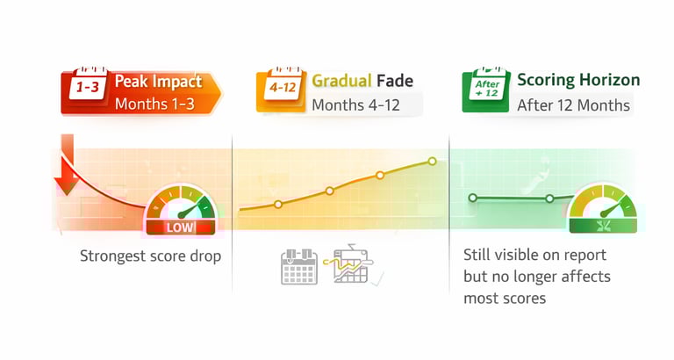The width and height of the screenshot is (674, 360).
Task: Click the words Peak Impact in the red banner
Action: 159,82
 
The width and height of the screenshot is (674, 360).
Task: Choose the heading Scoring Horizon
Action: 578,81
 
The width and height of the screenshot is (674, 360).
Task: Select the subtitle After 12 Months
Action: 573,105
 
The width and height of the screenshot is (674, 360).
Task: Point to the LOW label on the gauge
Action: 180,228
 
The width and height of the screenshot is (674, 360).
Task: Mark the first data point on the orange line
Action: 277,205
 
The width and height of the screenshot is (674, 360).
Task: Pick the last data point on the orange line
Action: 432,162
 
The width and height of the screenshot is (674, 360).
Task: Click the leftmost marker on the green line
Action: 472,198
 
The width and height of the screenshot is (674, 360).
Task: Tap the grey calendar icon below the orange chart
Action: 298,267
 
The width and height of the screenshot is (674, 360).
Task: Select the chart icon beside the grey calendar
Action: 353,264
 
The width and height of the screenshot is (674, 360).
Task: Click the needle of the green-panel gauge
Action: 607,211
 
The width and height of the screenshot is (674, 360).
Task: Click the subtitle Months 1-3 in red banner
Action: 154,105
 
